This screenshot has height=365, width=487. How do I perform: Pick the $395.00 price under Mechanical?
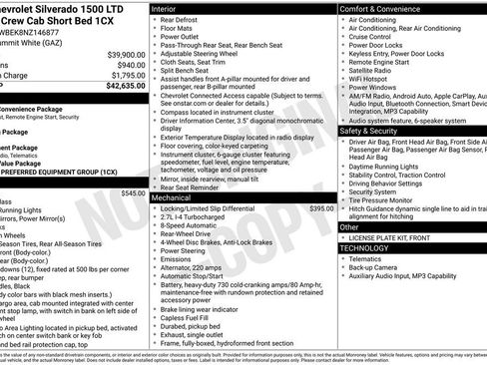pyautogui.click(x=321, y=208)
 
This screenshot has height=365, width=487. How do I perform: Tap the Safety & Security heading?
pyautogui.click(x=375, y=131)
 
